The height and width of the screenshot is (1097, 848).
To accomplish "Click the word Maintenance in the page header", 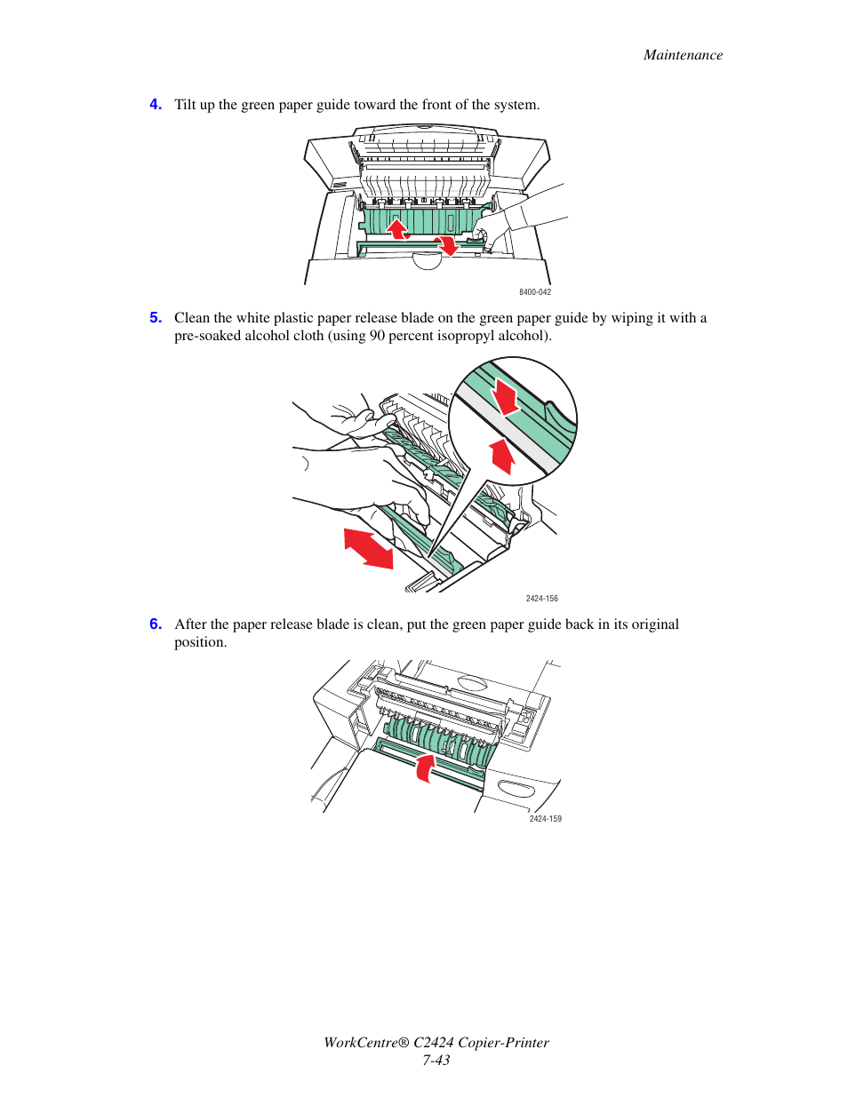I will point(683,55).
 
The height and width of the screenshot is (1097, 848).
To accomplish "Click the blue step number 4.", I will point(156,104).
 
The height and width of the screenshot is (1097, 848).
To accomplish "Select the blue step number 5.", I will point(156,317).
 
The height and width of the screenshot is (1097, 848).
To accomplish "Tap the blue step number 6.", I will point(156,624).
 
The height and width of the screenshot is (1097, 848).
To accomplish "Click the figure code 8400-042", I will point(535,292).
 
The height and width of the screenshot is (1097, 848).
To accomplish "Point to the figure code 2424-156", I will point(541,599).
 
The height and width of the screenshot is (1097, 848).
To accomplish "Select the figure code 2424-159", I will point(545,819).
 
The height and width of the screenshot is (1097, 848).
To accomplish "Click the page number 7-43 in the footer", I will point(436,1060).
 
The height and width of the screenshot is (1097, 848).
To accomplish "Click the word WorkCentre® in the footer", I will point(364,1043).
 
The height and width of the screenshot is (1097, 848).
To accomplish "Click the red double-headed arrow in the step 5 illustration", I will point(369,548).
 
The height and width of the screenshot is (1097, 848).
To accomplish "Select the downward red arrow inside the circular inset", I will point(505,396).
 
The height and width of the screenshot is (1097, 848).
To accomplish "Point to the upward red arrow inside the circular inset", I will point(502,456).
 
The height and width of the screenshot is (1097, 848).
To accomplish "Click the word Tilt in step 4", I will point(185,105).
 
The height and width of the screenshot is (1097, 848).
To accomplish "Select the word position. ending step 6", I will point(200,642).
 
